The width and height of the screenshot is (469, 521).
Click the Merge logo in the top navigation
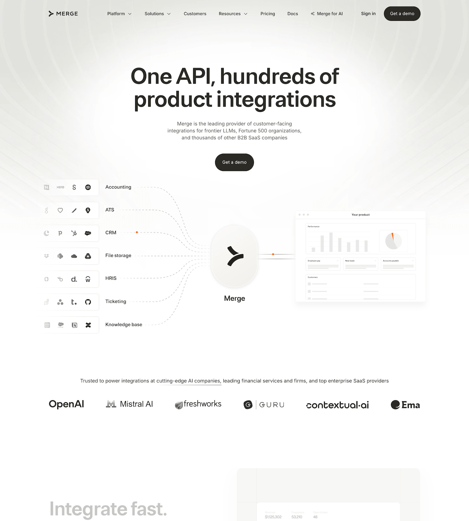pyautogui.click(x=63, y=14)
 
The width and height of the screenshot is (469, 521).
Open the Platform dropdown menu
pyautogui.click(x=119, y=14)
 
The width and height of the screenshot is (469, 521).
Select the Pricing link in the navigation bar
pyautogui.click(x=267, y=14)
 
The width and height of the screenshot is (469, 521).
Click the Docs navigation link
pyautogui.click(x=292, y=14)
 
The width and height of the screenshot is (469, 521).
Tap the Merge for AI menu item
pyautogui.click(x=327, y=14)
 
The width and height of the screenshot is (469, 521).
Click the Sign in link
pyautogui.click(x=368, y=14)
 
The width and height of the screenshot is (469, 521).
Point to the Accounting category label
pyautogui.click(x=118, y=187)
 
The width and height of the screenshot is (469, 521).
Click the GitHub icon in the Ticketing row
pyautogui.click(x=88, y=302)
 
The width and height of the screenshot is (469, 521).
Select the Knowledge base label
pyautogui.click(x=124, y=324)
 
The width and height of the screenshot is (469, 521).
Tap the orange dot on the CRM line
pyautogui.click(x=137, y=232)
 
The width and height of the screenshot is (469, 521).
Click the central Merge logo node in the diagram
pyautogui.click(x=234, y=256)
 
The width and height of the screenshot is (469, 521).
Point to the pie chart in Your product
pyautogui.click(x=393, y=241)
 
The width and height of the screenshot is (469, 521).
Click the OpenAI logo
pyautogui.click(x=66, y=404)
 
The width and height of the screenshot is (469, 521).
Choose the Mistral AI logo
pyautogui.click(x=130, y=404)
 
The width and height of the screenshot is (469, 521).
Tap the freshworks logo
pyautogui.click(x=198, y=404)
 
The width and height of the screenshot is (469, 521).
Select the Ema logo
pyautogui.click(x=405, y=405)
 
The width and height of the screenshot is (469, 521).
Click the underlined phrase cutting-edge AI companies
pyautogui.click(x=189, y=381)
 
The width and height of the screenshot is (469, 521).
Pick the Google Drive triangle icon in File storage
pyautogui.click(x=88, y=256)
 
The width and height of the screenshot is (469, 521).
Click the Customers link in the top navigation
pyautogui.click(x=195, y=14)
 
